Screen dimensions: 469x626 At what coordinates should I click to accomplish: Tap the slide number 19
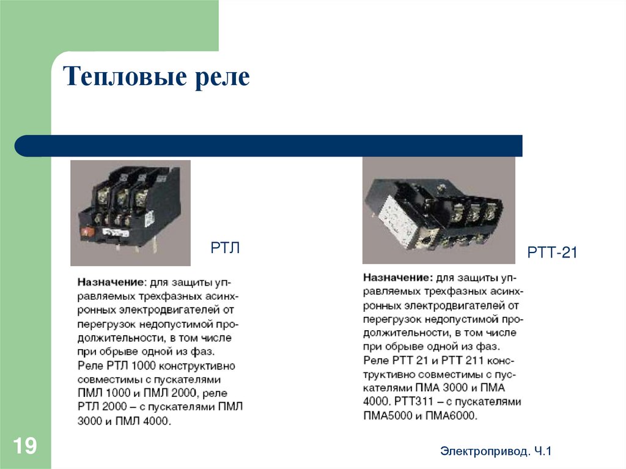pos(25,446)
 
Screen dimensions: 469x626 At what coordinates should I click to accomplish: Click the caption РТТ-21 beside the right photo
pos(551,253)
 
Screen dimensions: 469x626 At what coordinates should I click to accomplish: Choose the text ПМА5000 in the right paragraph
pos(386,415)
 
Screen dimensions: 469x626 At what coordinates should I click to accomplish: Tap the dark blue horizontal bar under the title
pos(269,146)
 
